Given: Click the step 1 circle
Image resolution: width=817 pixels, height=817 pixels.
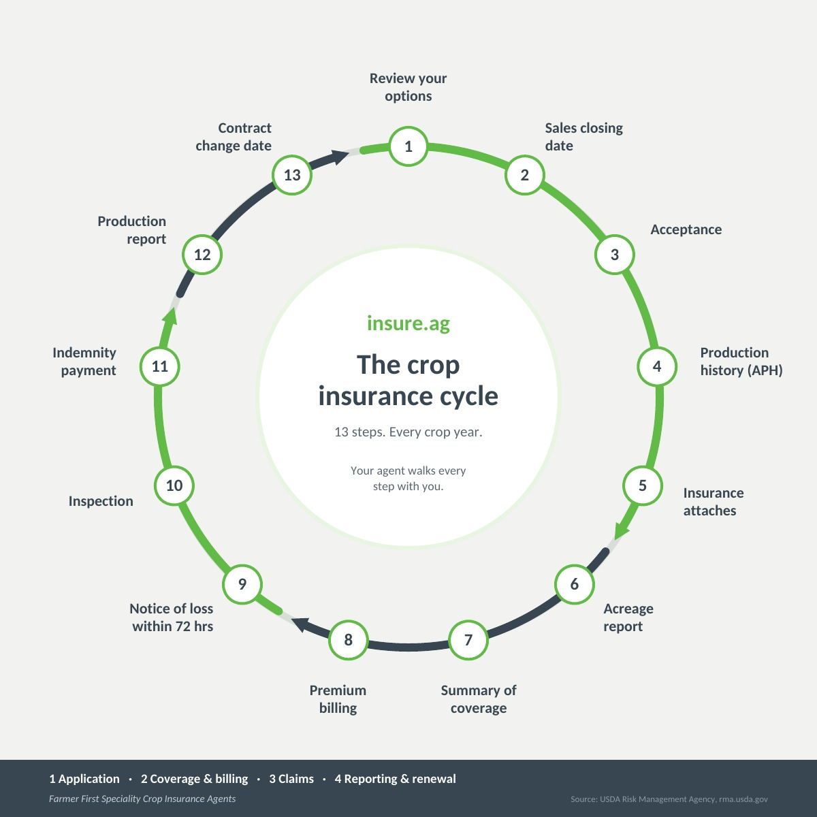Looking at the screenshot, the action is tap(408, 146).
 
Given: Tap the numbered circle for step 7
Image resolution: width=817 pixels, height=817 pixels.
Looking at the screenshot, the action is tap(468, 640).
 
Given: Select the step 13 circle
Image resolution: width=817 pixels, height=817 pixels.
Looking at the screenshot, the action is tap(292, 175).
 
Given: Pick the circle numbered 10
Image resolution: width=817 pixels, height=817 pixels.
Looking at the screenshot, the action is tap(174, 485).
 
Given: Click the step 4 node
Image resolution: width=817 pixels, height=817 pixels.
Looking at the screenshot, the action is tap(657, 366).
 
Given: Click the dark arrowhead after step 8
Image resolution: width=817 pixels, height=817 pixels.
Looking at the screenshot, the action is tap(301, 624).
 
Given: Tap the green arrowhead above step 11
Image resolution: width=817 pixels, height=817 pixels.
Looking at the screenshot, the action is tap(170, 317).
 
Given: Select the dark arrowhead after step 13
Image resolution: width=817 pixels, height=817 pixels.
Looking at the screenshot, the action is tap(339, 157).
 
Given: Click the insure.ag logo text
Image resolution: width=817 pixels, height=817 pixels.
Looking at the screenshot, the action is tap(408, 323).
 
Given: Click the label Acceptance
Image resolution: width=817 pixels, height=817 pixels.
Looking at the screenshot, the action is tap(686, 229).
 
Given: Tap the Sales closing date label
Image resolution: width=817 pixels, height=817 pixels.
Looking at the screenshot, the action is tap(583, 137).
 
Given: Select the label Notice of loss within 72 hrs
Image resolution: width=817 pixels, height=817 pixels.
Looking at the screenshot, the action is tap(172, 618).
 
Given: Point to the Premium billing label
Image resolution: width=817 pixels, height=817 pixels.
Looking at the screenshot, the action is tap(338, 699).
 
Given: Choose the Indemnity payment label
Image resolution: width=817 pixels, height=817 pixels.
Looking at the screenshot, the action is tap(84, 362).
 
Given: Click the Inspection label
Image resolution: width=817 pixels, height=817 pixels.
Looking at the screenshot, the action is tap(101, 501).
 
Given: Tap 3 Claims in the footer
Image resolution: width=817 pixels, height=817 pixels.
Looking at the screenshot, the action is tap(291, 779).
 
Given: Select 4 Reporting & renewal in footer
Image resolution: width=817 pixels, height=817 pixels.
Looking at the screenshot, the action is tap(395, 779).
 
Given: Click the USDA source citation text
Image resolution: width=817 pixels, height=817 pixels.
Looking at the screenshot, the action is tap(669, 799).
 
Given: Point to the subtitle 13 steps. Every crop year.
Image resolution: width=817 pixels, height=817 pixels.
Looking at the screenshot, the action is tap(408, 432).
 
